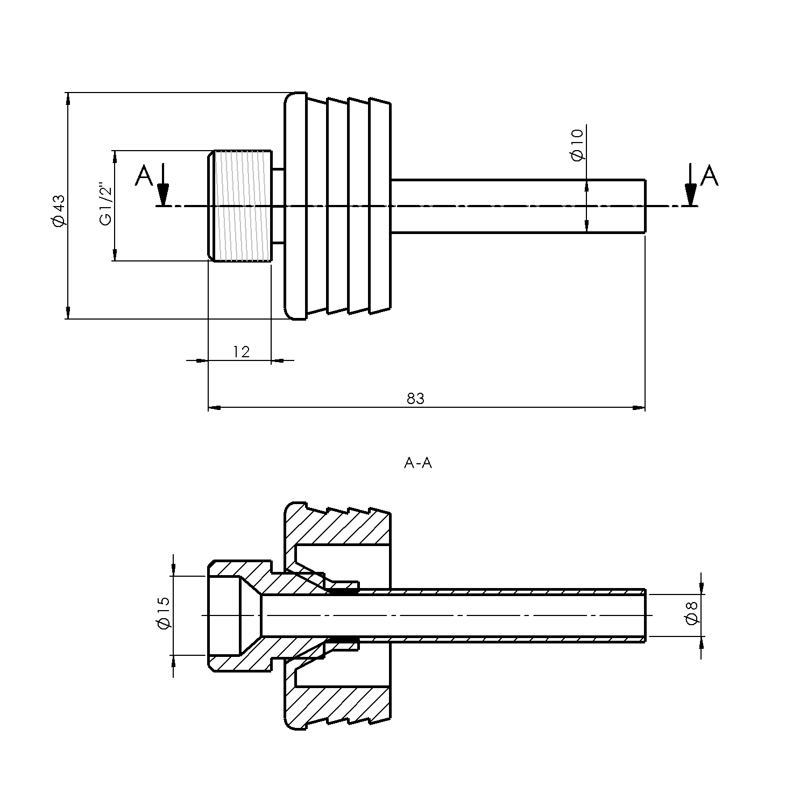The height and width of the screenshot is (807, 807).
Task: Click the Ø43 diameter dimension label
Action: coord(59,209)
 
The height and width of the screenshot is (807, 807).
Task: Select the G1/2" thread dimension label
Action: coord(106,206)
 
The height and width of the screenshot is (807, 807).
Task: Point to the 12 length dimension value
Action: coord(242,352)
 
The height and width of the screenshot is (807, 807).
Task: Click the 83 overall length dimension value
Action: coord(415,399)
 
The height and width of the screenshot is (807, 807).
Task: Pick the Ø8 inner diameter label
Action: coord(692,613)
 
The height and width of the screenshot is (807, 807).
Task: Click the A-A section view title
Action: coord(418,463)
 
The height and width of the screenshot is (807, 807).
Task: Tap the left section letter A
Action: coord(144,176)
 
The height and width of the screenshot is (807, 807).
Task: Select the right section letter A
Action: coord(710,176)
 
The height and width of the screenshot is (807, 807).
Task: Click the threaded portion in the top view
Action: coord(242,206)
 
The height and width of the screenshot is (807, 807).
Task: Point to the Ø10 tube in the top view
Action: coord(516,206)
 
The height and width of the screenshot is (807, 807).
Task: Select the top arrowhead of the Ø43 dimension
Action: coord(67,100)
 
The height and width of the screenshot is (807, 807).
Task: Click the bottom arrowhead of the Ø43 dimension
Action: coord(67,312)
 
